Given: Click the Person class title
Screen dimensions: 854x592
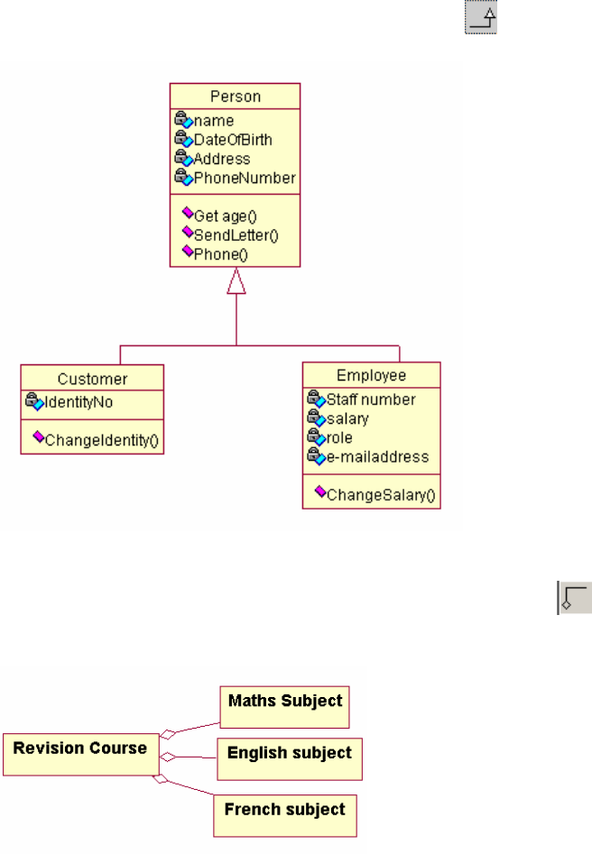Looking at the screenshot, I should [235, 96].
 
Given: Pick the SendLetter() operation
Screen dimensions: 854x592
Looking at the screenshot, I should [236, 235].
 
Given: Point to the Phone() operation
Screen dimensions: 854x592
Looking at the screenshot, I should [220, 254].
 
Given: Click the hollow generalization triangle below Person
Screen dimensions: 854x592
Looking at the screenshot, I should [236, 282].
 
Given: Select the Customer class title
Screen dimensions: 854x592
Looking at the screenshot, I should [92, 379].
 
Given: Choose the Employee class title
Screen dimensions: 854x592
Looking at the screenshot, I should [371, 375].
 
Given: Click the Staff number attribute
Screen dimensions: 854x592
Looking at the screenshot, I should [370, 399].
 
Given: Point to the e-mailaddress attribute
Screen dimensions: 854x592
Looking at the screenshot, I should [377, 456].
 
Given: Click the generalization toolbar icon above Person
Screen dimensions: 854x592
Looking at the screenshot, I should [481, 18].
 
